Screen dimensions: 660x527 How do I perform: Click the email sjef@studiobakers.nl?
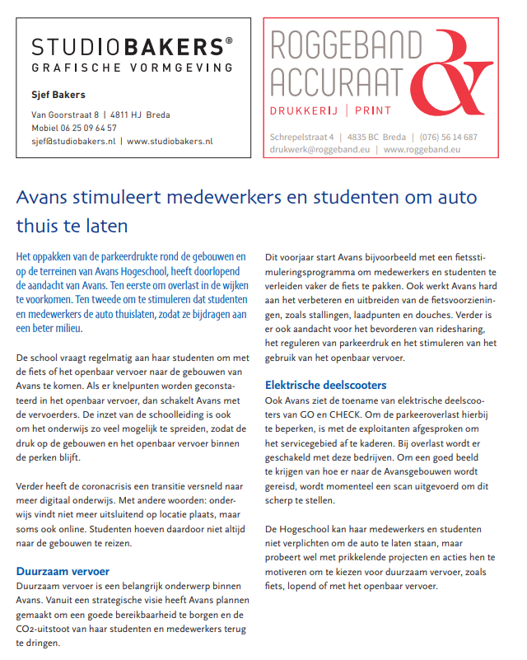click(x=72, y=141)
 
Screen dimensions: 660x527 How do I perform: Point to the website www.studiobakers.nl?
click(x=170, y=141)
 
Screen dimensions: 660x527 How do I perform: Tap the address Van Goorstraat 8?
click(x=64, y=115)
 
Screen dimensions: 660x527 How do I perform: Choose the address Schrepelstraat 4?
click(x=301, y=137)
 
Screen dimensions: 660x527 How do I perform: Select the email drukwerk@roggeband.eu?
click(x=321, y=149)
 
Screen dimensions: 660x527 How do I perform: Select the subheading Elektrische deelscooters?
click(x=325, y=385)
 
